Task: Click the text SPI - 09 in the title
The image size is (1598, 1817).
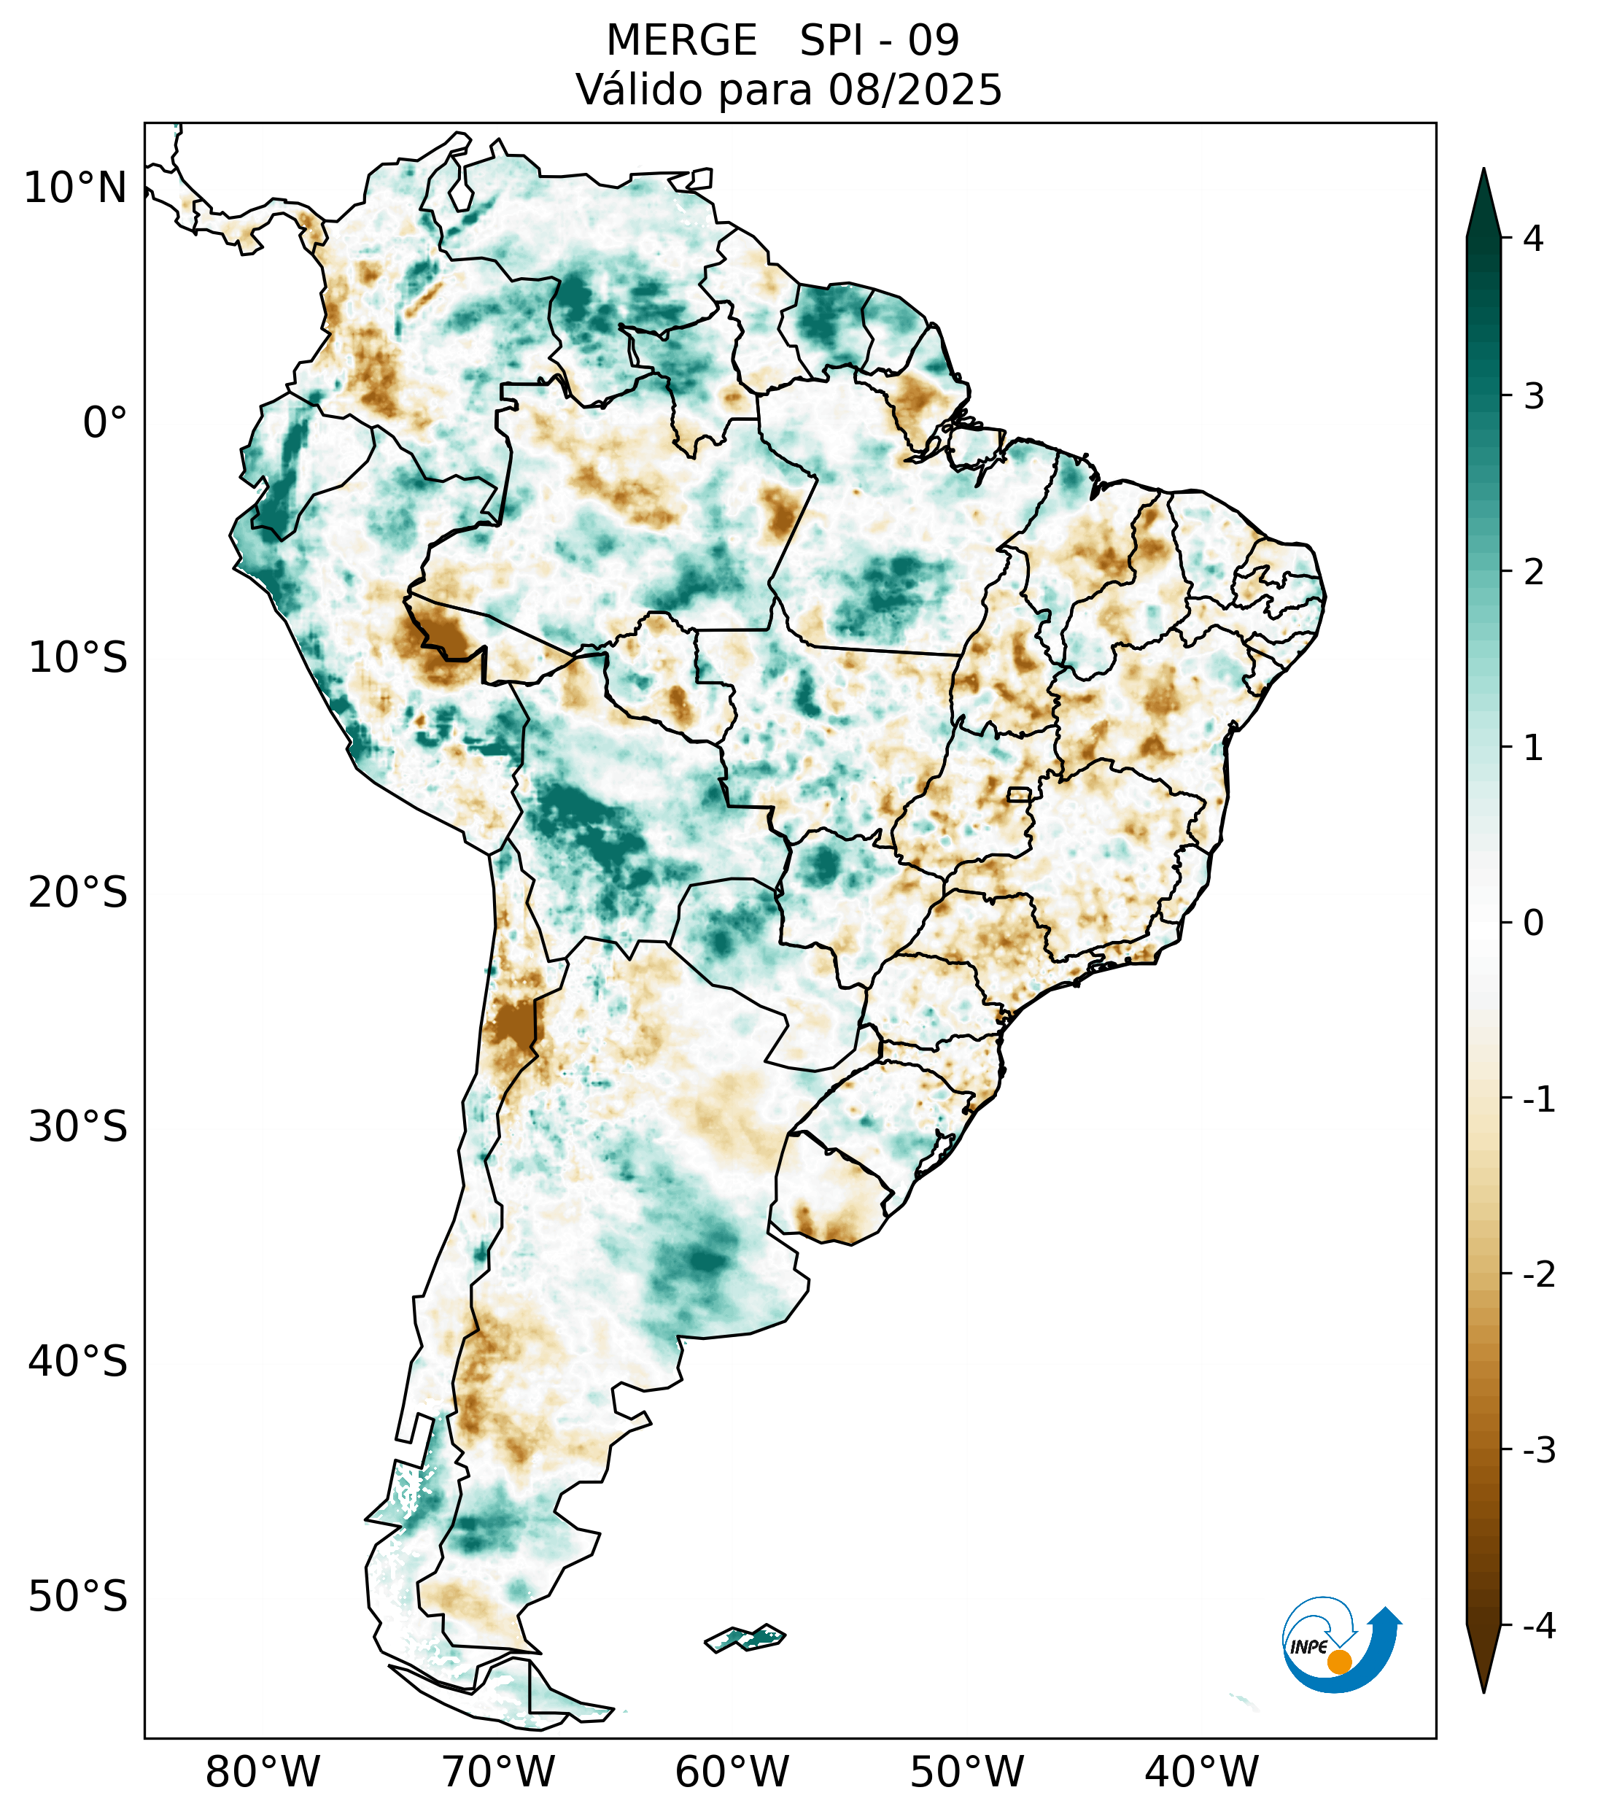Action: click(879, 41)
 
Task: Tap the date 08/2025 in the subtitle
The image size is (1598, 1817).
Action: click(915, 90)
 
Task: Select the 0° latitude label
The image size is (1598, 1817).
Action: click(105, 423)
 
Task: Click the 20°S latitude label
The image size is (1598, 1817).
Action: click(78, 893)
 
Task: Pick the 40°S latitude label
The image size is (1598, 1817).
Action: click(78, 1361)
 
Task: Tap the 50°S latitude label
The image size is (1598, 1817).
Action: click(78, 1597)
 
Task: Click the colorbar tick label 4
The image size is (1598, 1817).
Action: click(1532, 239)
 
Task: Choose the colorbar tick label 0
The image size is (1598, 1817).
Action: click(1532, 923)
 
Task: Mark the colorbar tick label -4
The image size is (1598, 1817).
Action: click(1538, 1626)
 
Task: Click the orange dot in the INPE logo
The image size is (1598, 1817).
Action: click(1338, 1662)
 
